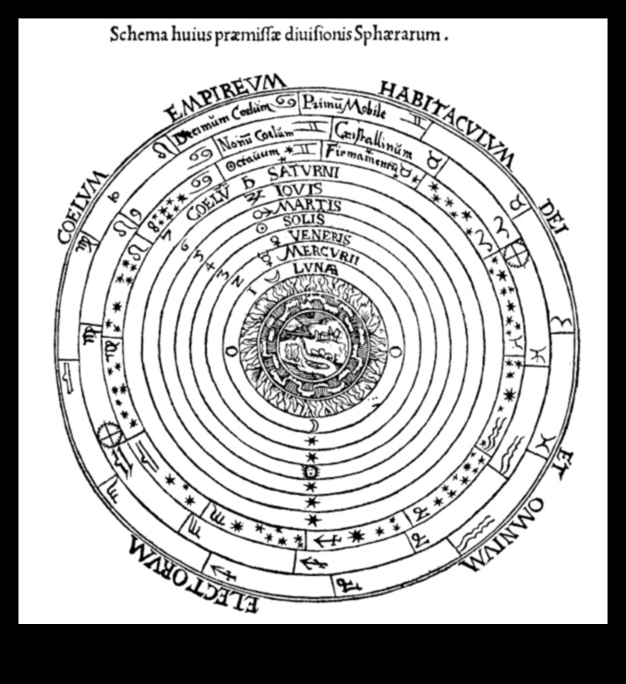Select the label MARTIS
click(310, 205)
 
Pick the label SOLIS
click(307, 220)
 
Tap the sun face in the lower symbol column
click(312, 473)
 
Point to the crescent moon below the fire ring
click(312, 426)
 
